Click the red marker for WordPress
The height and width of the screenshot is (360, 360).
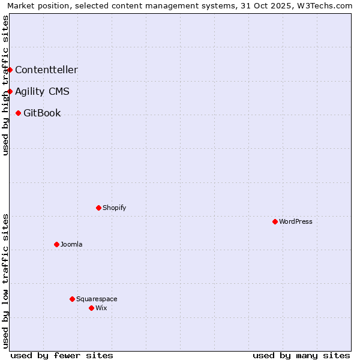tap(275, 221)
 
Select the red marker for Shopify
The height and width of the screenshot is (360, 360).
tap(98, 208)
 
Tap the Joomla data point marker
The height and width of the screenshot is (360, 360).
tap(56, 244)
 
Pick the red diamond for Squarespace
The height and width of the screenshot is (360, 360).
tap(72, 299)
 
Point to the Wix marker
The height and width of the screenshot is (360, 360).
tap(91, 308)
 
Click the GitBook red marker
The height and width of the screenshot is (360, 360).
tap(18, 113)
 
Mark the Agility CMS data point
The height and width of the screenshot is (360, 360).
tap(10, 91)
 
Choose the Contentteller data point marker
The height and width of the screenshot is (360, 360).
tap(10, 70)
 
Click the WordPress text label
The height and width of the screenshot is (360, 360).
tap(296, 221)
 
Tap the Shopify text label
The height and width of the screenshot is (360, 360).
tap(114, 208)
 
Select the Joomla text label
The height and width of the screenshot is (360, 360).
tap(71, 244)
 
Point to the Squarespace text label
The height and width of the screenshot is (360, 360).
tap(97, 299)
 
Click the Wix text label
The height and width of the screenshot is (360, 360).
tap(101, 308)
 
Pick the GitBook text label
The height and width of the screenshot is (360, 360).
tap(42, 113)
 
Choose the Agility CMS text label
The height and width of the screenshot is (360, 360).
tap(42, 91)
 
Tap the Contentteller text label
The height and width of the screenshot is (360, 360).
tap(46, 70)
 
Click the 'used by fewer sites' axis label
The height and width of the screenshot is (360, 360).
tap(62, 355)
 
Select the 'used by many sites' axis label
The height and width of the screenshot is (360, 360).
tap(301, 355)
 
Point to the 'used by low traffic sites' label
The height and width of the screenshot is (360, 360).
tap(6, 281)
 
